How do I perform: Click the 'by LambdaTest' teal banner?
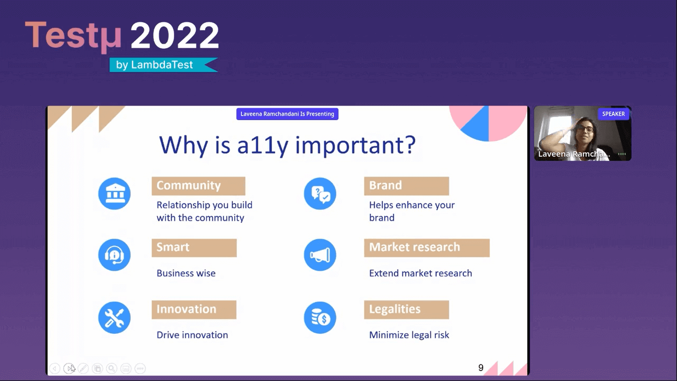click(x=164, y=64)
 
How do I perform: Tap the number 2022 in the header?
click(x=174, y=35)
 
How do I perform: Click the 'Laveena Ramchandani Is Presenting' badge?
click(x=287, y=114)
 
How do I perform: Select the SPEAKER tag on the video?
click(x=613, y=114)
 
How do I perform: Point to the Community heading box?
click(x=198, y=186)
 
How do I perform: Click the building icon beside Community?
click(x=114, y=193)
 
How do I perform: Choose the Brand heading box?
click(x=406, y=186)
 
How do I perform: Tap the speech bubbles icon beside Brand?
click(x=320, y=193)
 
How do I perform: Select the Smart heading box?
click(x=194, y=248)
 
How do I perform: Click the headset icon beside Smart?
click(x=114, y=255)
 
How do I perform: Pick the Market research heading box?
click(x=427, y=248)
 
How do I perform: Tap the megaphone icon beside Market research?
click(x=320, y=255)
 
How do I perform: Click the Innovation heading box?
click(x=194, y=310)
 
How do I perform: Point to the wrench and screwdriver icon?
click(x=114, y=318)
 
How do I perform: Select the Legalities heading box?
click(x=406, y=310)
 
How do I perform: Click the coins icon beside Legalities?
click(x=320, y=318)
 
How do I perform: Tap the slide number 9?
click(x=481, y=368)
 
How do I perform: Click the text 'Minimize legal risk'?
click(x=409, y=335)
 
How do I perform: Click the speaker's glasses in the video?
click(x=585, y=129)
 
